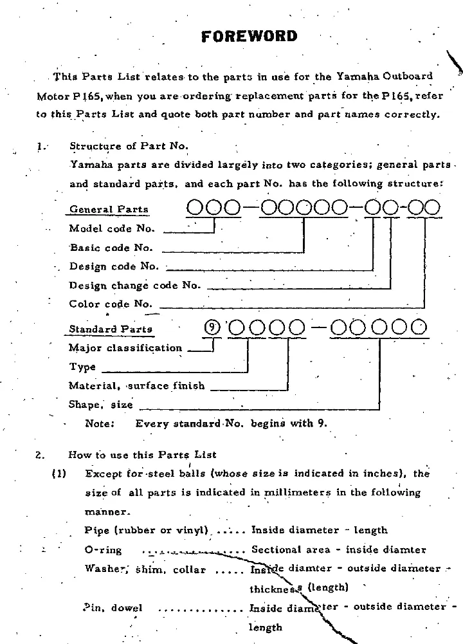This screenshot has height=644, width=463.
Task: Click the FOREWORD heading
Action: pyautogui.click(x=250, y=36)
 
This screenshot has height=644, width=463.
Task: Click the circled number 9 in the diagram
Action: pyautogui.click(x=212, y=328)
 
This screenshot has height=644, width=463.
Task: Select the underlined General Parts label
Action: pyautogui.click(x=109, y=209)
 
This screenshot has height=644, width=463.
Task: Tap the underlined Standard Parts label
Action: pyautogui.click(x=111, y=329)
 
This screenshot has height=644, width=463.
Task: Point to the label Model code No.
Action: pyautogui.click(x=112, y=228)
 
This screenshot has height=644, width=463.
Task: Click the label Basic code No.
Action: pyautogui.click(x=111, y=247)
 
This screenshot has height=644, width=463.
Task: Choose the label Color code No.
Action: pyautogui.click(x=111, y=304)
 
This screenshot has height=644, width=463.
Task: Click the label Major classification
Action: pyautogui.click(x=125, y=348)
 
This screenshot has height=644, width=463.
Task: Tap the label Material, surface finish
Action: pyautogui.click(x=137, y=386)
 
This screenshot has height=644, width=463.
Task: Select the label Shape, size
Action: pyautogui.click(x=101, y=405)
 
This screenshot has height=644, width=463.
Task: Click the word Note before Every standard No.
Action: pyautogui.click(x=100, y=423)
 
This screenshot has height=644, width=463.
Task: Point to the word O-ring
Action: pyautogui.click(x=103, y=550)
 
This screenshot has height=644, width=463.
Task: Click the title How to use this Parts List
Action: pyautogui.click(x=142, y=455)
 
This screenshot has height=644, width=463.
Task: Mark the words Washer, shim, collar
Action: pyautogui.click(x=145, y=569)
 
